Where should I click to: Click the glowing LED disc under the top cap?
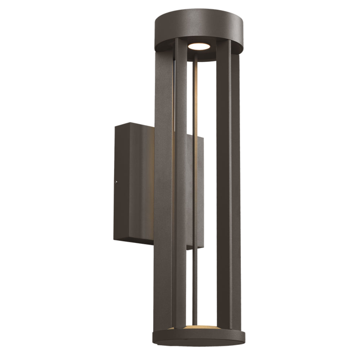pos(198,46)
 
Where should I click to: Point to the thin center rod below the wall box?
pos(195,284)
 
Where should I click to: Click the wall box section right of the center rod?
pos(201,191)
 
